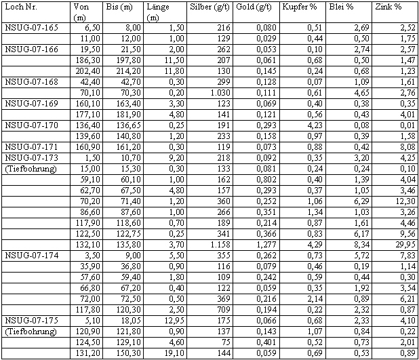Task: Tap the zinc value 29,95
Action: click(x=403, y=245)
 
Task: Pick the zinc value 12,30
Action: click(x=403, y=201)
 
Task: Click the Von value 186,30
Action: click(x=89, y=60)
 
